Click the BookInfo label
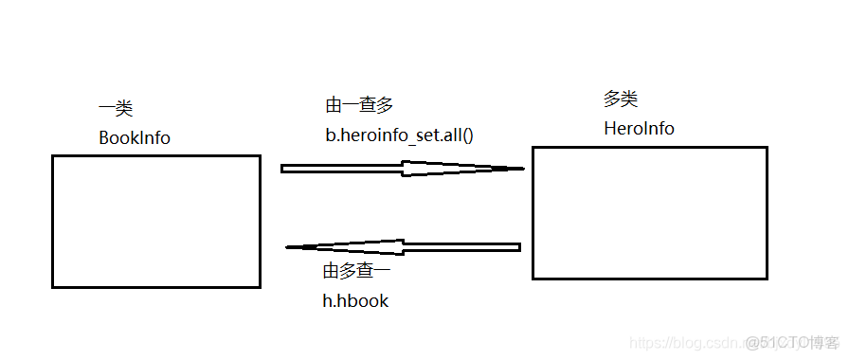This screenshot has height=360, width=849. click(135, 137)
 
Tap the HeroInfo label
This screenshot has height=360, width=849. click(639, 128)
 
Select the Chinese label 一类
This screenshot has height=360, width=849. click(116, 109)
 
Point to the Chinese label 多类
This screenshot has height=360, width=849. click(621, 99)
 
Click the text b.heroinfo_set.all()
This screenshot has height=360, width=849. click(399, 135)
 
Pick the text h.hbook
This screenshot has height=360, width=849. click(356, 300)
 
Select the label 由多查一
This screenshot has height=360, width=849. click(357, 272)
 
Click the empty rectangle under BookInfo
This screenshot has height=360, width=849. click(155, 221)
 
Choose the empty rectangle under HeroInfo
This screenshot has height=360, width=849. click(649, 212)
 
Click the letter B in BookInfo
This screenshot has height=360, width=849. click(104, 137)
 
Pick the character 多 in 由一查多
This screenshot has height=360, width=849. click(382, 106)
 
